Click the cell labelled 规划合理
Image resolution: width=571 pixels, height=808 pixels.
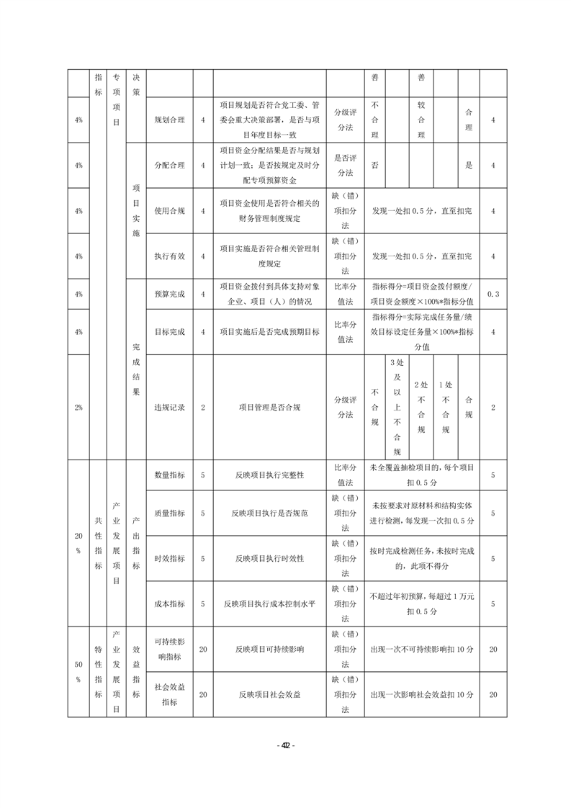169,120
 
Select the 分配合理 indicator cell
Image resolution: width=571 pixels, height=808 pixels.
169,165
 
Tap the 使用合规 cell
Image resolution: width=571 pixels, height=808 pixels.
169,211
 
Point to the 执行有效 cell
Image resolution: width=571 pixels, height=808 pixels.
169,256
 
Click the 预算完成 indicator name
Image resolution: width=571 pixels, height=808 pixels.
169,294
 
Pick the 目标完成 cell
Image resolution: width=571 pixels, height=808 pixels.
169,332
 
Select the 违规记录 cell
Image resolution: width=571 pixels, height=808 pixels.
169,407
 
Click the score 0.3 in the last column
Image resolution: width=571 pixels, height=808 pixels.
493,294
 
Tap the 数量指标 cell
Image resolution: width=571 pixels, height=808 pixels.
169,475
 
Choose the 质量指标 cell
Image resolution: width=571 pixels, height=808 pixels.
169,513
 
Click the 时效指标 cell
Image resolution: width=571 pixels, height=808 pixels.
169,558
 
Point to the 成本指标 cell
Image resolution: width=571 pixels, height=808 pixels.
169,603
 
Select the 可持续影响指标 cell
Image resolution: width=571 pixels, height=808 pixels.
169,649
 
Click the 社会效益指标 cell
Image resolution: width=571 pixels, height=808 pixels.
169,694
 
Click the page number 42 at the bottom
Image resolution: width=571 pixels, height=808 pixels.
285,745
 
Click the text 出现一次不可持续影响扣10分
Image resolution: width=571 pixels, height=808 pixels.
421,649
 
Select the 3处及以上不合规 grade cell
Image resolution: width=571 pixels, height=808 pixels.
396,407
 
